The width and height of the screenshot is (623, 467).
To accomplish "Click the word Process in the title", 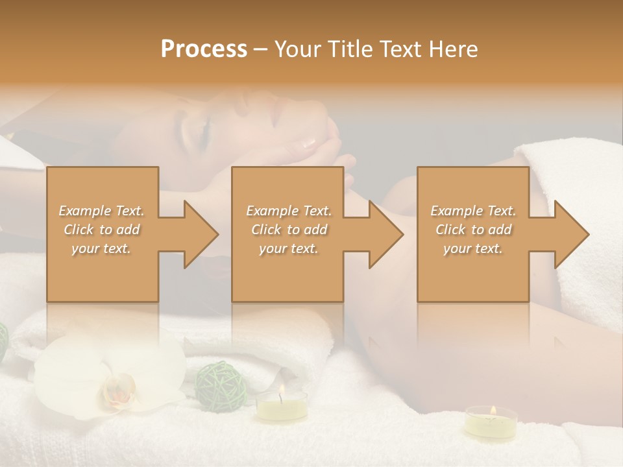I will point(204,49).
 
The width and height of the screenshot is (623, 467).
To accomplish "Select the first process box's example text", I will point(101,230).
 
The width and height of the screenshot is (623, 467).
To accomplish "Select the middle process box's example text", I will point(288,230).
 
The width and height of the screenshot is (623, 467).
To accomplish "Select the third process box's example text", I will point(473,230).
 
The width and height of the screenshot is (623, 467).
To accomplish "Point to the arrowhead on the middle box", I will point(385,234).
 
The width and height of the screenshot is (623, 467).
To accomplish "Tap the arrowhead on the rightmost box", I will point(571,234).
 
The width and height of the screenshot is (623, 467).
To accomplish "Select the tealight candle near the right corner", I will point(491,423).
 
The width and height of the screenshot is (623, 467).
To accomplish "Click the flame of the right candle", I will point(493,410).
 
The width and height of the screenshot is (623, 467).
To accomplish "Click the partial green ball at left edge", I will point(3,341).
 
